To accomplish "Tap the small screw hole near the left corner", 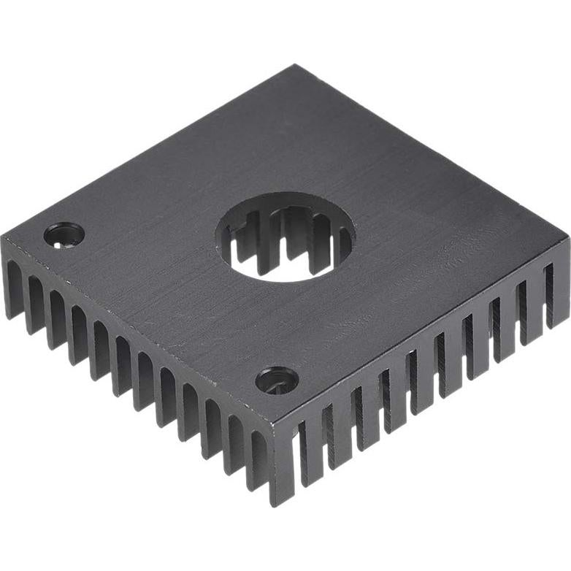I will coord(64,234).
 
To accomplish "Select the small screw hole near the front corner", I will coord(277,380).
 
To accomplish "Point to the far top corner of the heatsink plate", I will coord(296,66).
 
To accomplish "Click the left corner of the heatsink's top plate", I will coord(4,239).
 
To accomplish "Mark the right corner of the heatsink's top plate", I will coord(567,237).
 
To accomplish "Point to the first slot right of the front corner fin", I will coord(302,453).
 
